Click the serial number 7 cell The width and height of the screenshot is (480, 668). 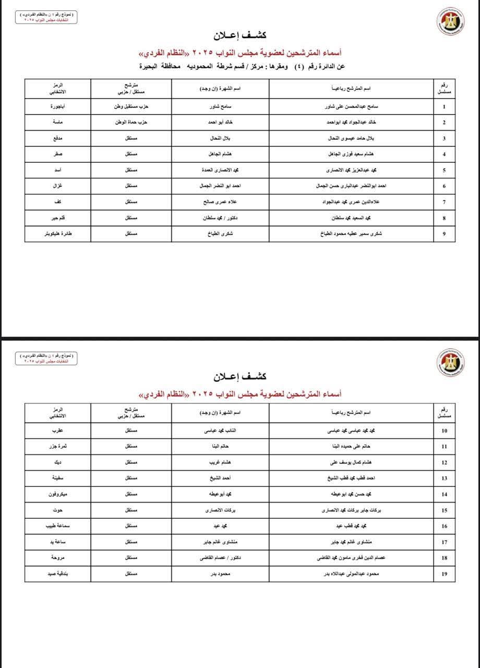click(x=444, y=202)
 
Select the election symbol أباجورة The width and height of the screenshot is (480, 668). click(x=57, y=106)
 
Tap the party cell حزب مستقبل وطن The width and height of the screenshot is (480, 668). click(x=131, y=106)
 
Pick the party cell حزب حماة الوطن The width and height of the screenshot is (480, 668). click(x=131, y=123)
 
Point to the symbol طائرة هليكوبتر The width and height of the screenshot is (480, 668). click(x=57, y=234)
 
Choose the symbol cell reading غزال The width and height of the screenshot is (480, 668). click(x=57, y=186)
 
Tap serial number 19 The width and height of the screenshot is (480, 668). click(x=444, y=574)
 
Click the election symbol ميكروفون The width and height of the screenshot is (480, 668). click(x=57, y=494)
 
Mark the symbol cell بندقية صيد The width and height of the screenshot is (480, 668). click(x=57, y=574)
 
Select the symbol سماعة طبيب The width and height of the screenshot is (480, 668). click(x=57, y=526)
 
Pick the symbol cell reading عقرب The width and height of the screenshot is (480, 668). click(x=57, y=431)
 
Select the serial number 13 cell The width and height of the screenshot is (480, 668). click(x=444, y=479)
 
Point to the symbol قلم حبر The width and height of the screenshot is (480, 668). click(x=57, y=218)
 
